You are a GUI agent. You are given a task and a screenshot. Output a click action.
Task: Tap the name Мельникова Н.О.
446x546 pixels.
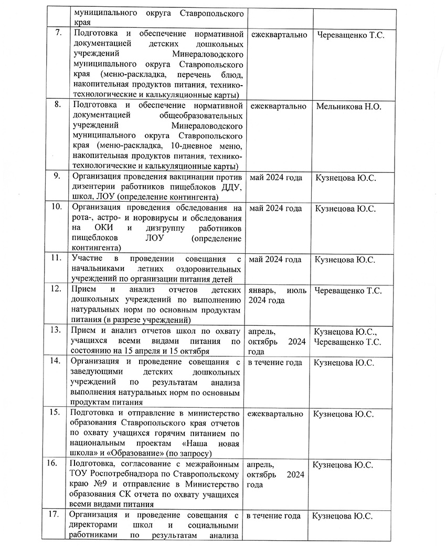tap(348, 106)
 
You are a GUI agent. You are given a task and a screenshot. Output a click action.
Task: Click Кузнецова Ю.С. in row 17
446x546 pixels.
tap(342, 516)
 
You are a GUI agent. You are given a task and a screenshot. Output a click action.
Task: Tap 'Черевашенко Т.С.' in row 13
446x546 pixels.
tap(347, 342)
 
